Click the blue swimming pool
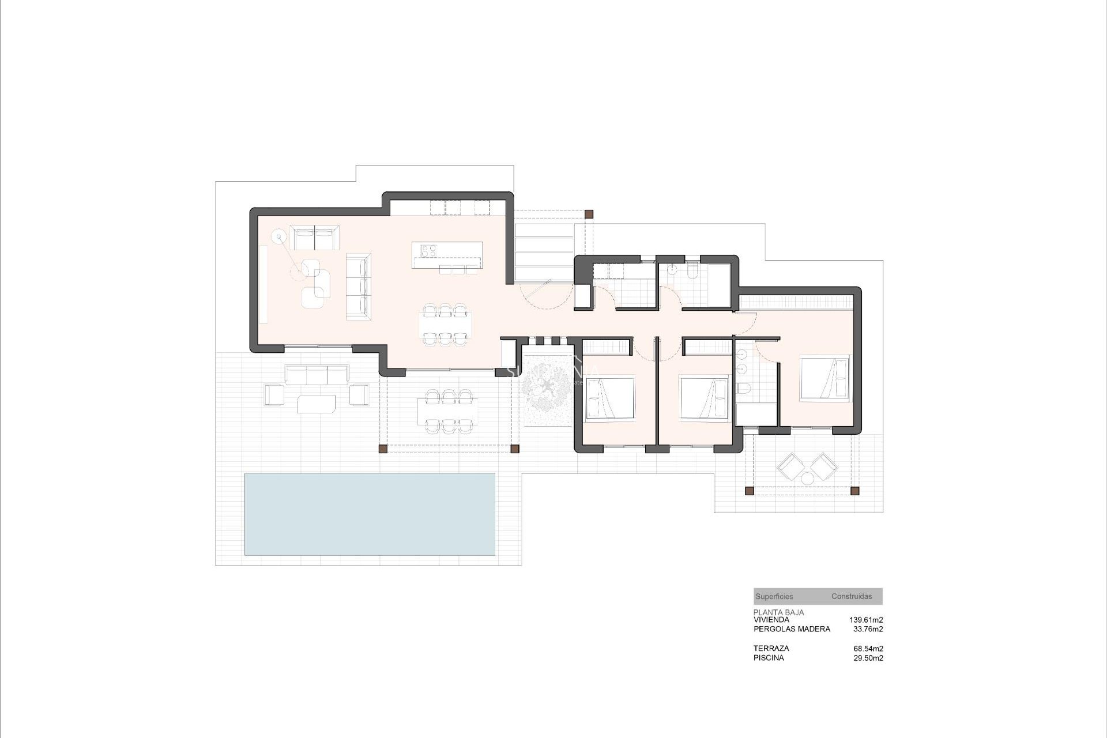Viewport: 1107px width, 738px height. click(x=370, y=514)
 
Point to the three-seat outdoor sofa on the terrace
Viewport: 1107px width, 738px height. click(x=317, y=375)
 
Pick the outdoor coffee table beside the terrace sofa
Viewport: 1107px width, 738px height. click(x=317, y=404)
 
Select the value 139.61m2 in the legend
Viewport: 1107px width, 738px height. click(x=866, y=620)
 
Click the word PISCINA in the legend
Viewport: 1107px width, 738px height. click(x=769, y=658)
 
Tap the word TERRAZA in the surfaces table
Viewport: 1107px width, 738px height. click(x=771, y=649)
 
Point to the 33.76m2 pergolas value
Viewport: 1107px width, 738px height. click(x=868, y=629)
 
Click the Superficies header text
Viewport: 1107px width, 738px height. click(x=774, y=597)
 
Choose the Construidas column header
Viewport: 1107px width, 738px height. click(x=852, y=597)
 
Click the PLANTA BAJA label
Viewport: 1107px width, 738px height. click(x=778, y=612)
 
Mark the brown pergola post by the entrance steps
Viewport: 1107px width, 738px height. click(x=589, y=214)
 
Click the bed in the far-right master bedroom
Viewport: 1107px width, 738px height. click(x=824, y=378)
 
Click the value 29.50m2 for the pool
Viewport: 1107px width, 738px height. click(x=868, y=658)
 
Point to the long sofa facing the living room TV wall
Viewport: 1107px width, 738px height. click(x=357, y=285)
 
